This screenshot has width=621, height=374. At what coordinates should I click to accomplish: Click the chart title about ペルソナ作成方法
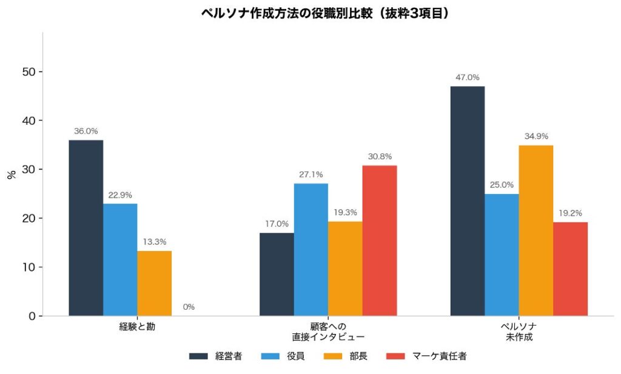(x=327, y=13)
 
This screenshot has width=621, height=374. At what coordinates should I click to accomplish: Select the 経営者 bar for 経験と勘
(x=86, y=228)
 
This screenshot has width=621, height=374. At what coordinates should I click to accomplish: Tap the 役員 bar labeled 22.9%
(x=120, y=259)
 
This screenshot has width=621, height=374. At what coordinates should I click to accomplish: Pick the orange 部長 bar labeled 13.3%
(x=154, y=283)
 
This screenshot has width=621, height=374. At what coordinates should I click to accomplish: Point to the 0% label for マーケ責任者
(x=189, y=307)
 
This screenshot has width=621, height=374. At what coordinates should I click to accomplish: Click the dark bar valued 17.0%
(x=277, y=274)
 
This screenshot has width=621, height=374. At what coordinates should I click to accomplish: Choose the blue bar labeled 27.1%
(x=310, y=249)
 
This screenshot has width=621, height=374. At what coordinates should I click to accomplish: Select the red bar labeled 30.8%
(x=380, y=240)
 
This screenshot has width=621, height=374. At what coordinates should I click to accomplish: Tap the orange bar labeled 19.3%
(x=345, y=269)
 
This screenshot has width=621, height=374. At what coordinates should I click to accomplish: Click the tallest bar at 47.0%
(x=468, y=201)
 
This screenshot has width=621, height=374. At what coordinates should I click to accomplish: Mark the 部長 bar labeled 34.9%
(x=536, y=230)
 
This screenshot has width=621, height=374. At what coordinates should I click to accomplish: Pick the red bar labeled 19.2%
(x=571, y=269)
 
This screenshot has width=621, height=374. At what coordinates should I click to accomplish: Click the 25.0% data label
(x=502, y=185)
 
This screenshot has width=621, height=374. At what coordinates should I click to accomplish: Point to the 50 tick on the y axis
(x=27, y=72)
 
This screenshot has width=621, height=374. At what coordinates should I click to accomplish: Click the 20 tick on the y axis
(x=27, y=218)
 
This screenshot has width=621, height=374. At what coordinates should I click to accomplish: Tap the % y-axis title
(x=11, y=175)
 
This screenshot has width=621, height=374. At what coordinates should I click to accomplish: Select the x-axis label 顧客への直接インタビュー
(x=328, y=332)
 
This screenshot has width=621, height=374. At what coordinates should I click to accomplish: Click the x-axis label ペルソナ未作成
(x=519, y=332)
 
